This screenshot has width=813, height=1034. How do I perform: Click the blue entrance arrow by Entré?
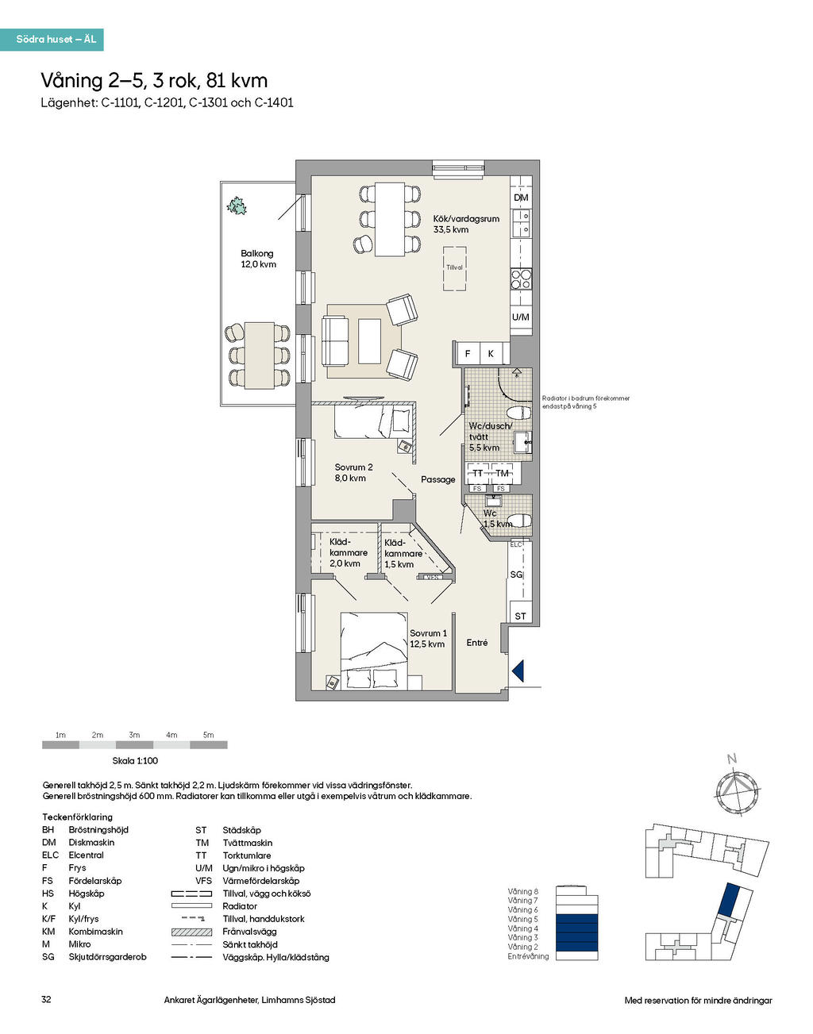point(518,671)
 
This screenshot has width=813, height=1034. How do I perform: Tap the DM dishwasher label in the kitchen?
point(520,198)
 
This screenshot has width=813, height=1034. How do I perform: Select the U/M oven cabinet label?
point(520,317)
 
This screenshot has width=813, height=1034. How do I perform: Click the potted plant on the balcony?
point(237,206)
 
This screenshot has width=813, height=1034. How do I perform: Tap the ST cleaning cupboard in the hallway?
point(520,616)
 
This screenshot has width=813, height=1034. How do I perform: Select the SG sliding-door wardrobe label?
point(516,575)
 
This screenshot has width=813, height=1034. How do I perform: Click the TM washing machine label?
point(502,474)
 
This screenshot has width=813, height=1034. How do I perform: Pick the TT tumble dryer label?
point(478,474)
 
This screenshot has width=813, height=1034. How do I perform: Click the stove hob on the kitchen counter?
point(521,279)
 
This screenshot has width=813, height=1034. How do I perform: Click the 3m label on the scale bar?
point(134,735)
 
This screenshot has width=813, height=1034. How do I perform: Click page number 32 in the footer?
point(46,1000)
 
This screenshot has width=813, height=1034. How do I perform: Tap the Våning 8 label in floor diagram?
point(523,891)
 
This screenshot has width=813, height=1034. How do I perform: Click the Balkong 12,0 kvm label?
point(258,259)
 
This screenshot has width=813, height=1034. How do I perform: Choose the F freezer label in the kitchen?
point(468,354)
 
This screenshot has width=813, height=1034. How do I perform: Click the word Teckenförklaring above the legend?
point(77,817)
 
